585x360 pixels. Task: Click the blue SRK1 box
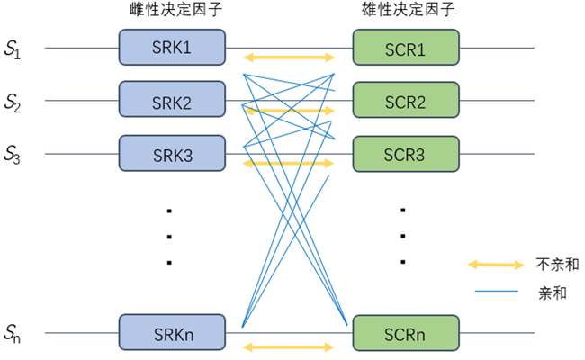pyautogui.click(x=172, y=48)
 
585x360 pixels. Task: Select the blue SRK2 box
pyautogui.click(x=172, y=101)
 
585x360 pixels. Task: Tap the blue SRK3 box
pyautogui.click(x=172, y=154)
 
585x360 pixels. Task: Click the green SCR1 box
pyautogui.click(x=406, y=48)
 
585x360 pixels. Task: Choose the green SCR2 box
pyautogui.click(x=406, y=101)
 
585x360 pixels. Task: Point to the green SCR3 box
pyautogui.click(x=406, y=154)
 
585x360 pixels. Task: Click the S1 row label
pyautogui.click(x=13, y=50)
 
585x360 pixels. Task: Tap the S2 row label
pyautogui.click(x=13, y=103)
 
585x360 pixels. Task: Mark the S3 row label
pyautogui.click(x=13, y=154)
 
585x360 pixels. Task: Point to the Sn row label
pyautogui.click(x=13, y=335)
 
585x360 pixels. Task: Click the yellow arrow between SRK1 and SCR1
pyautogui.click(x=290, y=58)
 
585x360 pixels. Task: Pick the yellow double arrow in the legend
pyautogui.click(x=494, y=265)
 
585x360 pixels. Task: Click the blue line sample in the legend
pyautogui.click(x=494, y=292)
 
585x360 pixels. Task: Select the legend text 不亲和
pyautogui.click(x=557, y=265)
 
